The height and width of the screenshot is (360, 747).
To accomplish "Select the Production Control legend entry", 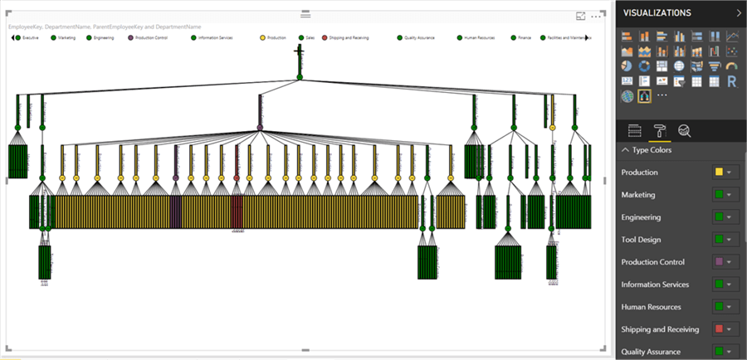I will (152, 37).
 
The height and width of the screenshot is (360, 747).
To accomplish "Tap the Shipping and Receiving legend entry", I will (347, 37).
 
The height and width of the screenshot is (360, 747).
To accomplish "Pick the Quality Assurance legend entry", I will (419, 37).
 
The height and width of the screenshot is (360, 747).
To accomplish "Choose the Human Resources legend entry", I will (480, 37).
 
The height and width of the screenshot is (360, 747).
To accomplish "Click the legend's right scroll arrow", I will (587, 37).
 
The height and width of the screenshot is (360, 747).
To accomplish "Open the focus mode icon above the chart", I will (581, 16).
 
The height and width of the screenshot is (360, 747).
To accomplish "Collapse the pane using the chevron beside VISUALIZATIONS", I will (739, 12).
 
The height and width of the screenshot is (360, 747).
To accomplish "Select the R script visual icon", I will (731, 81).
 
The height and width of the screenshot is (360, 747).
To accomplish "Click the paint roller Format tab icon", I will (659, 130).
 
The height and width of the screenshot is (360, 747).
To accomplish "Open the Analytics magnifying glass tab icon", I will (684, 130).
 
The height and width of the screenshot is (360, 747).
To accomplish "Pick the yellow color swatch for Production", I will (719, 173).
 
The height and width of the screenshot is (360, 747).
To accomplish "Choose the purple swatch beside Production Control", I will (719, 262).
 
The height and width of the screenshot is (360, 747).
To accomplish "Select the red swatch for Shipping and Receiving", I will (719, 329).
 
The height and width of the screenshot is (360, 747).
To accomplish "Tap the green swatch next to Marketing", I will (719, 195).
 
